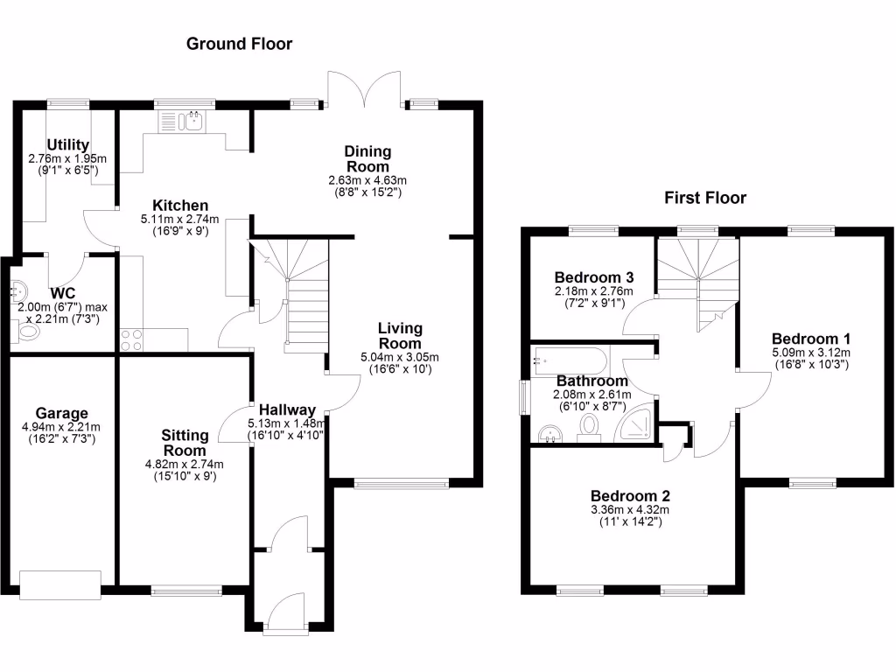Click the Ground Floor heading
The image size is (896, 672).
point(239,44)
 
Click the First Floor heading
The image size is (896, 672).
point(704,198)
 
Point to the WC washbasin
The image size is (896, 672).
point(18,289)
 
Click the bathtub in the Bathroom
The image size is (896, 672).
point(569,360)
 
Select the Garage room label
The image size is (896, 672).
point(61,413)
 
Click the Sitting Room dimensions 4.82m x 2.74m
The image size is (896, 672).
point(185,464)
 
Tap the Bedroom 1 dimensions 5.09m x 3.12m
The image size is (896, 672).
point(811,353)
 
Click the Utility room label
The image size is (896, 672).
point(67,144)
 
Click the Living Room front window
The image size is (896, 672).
point(402,482)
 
